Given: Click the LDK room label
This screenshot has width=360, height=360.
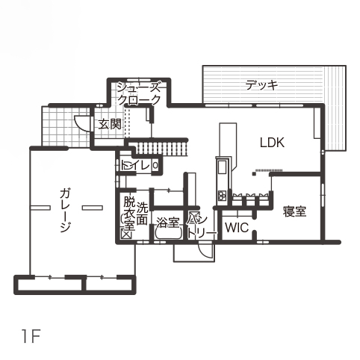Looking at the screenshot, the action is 272,143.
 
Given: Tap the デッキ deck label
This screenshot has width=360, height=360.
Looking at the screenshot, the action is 261,85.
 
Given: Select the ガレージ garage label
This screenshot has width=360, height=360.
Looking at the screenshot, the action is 65,211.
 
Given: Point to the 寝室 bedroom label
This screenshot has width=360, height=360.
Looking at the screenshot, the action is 294,211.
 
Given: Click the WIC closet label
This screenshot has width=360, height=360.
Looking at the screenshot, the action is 237,227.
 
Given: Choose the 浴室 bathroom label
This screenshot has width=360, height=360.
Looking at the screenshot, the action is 168,223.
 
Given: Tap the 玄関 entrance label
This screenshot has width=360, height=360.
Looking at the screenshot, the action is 110,124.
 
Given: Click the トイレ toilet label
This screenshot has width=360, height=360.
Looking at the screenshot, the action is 135,165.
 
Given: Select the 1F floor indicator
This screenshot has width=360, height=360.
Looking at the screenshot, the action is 31,336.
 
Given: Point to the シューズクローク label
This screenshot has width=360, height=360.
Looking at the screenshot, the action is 138,93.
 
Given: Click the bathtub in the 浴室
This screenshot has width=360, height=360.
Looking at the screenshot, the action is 169,233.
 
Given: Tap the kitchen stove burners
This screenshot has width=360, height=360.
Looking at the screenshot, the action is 222,195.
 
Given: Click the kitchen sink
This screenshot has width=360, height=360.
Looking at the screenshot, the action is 222,167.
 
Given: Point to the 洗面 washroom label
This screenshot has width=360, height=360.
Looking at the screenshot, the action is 142,213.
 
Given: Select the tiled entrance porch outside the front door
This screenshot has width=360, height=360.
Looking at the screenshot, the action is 66,126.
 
